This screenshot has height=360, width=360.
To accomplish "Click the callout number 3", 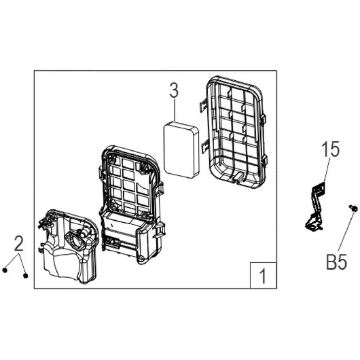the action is click(x=174, y=90).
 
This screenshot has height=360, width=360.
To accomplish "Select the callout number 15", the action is click(x=331, y=149).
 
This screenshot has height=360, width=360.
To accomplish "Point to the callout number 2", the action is click(x=19, y=243).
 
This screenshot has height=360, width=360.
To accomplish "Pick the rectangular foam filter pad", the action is click(x=181, y=150).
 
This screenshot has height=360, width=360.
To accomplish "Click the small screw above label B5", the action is click(x=354, y=208).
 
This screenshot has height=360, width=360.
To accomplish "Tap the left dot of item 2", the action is click(x=5, y=270).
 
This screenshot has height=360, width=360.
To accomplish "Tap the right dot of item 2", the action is click(x=26, y=276).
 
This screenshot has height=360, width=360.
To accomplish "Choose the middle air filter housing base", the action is click(x=132, y=204).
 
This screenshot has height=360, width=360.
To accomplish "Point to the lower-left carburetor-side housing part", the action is click(x=68, y=246).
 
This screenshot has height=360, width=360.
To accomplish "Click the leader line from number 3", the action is click(x=175, y=110).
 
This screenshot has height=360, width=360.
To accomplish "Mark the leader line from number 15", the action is click(x=327, y=170).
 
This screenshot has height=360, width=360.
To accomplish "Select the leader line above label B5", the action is click(x=345, y=231).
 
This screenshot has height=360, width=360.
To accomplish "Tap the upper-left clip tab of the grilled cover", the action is click(x=203, y=106).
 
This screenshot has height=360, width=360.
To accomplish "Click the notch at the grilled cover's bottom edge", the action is click(x=238, y=179).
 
